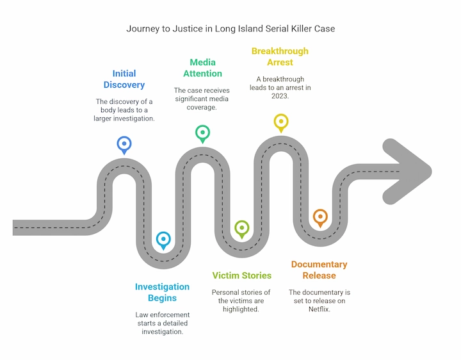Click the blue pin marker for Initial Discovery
tap(124, 144)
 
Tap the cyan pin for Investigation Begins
tap(163, 240)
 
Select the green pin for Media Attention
tap(202, 133)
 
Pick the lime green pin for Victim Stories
tap(241, 228)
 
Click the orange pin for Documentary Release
tap(319, 217)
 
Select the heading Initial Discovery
tap(124, 79)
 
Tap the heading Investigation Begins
tap(162, 292)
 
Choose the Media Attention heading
tap(202, 68)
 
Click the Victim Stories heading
tap(241, 275)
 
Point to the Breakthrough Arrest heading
tap(280, 56)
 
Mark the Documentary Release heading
tap(319, 270)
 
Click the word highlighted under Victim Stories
tap(241, 309)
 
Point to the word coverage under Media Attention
tap(202, 107)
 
